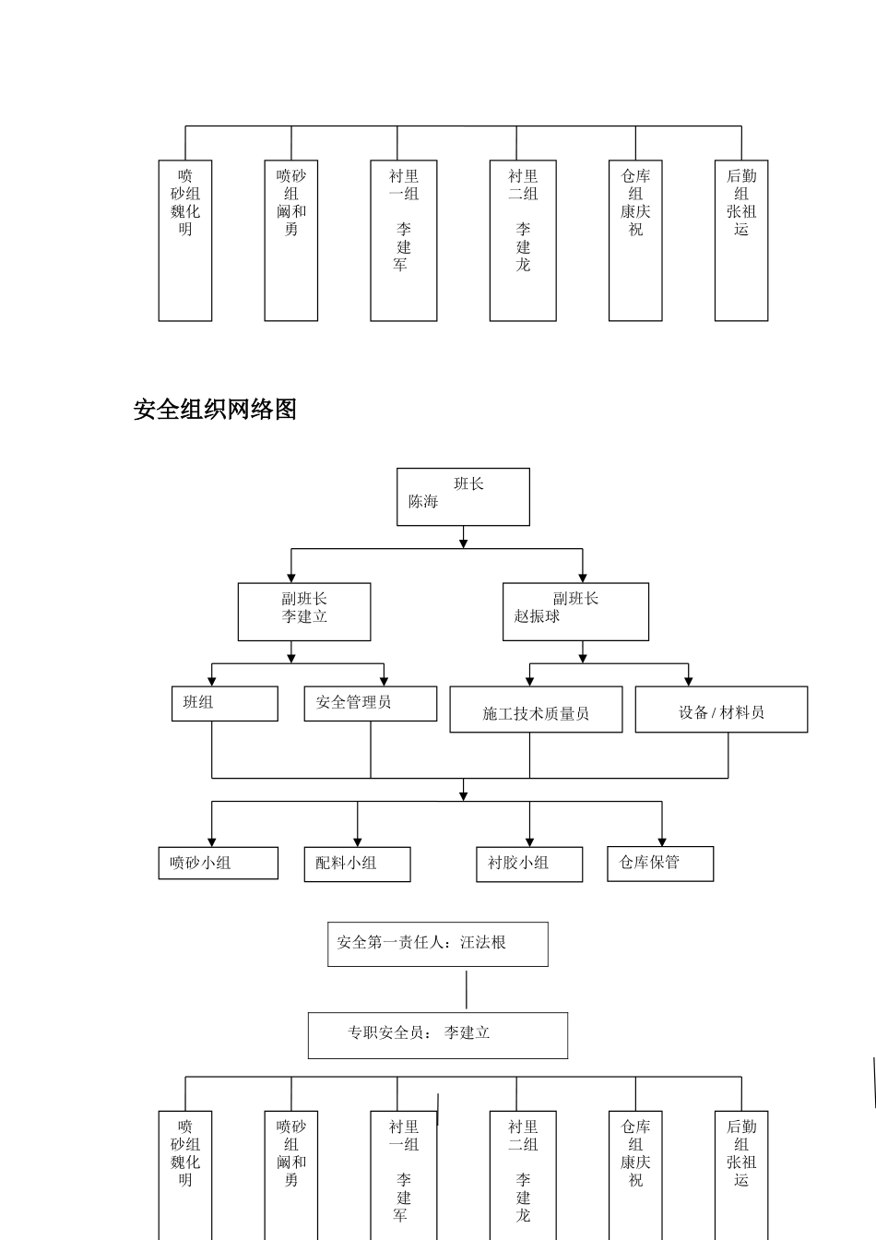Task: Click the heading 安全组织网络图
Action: (215, 410)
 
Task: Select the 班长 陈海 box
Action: (463, 496)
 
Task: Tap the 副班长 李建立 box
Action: (304, 611)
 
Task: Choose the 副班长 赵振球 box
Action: (575, 611)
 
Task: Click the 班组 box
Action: (224, 703)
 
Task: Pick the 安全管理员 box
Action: (370, 703)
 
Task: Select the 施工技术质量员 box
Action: (536, 709)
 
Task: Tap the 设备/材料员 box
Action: (721, 709)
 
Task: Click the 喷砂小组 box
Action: (218, 863)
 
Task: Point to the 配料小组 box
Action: (357, 864)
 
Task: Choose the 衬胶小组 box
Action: (529, 864)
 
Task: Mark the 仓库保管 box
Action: (660, 863)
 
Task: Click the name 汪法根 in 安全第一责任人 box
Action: (483, 943)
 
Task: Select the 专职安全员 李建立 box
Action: (437, 1035)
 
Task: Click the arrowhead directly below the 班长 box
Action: (463, 543)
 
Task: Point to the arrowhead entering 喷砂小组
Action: (212, 841)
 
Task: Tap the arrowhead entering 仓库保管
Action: (662, 841)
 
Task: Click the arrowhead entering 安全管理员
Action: (384, 681)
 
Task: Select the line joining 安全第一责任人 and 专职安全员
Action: (467, 989)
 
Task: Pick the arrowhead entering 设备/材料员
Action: (689, 681)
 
